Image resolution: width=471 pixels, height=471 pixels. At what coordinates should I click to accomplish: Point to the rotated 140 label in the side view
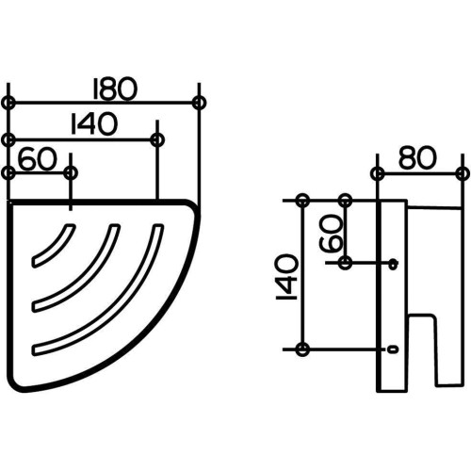(286, 277)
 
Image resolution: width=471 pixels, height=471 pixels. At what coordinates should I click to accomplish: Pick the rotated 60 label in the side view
(331, 233)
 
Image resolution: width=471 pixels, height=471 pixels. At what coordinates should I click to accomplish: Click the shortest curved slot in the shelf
(54, 245)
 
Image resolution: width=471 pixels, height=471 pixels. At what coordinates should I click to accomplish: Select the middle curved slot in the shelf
(76, 268)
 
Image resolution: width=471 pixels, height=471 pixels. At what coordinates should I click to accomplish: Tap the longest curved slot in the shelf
(98, 290)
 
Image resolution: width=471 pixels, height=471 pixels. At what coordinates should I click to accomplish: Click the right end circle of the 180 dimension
(199, 103)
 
